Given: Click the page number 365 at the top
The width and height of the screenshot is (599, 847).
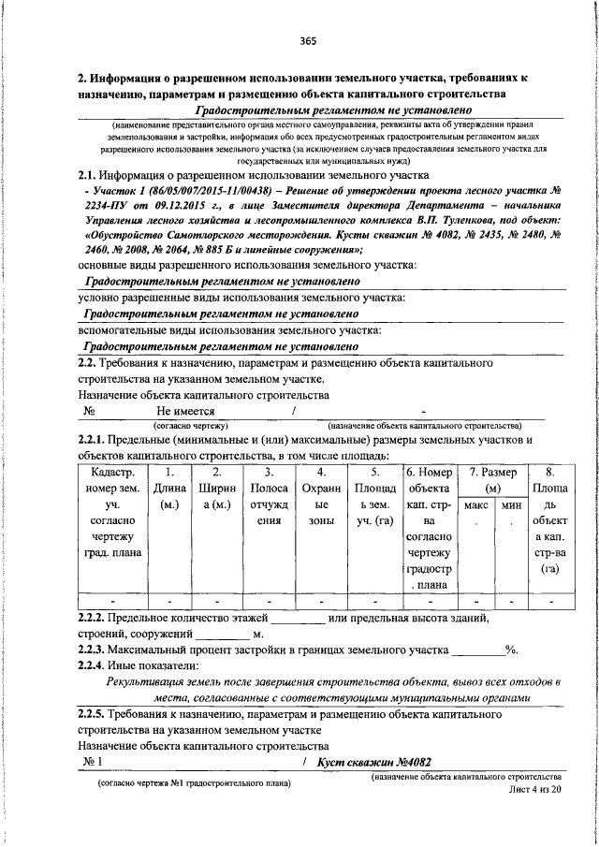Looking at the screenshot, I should pos(308,40).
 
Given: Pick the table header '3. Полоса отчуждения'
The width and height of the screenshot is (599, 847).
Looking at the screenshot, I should pos(269,505).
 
